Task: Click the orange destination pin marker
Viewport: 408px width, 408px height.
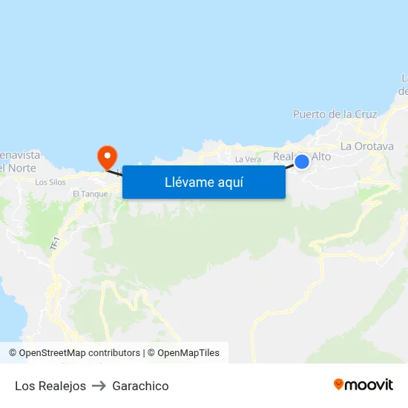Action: [108, 156]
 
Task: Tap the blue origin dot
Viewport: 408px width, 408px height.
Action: [302, 161]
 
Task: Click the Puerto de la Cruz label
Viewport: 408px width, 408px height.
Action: [335, 114]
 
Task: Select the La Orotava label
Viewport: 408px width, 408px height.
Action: [366, 146]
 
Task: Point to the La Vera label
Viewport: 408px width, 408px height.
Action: [248, 159]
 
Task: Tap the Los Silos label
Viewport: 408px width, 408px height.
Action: [50, 182]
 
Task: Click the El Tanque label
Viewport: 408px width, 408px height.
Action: [91, 194]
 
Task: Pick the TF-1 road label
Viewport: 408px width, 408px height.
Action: [54, 243]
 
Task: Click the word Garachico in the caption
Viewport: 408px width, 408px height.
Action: [140, 386]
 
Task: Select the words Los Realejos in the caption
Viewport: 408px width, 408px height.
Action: [50, 386]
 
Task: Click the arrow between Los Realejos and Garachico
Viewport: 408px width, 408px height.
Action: [99, 386]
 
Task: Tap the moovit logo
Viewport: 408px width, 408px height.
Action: [363, 385]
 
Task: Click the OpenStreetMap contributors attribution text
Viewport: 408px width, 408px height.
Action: [79, 353]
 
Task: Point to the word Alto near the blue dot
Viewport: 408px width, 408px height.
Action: [320, 157]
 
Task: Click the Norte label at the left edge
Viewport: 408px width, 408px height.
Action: [18, 168]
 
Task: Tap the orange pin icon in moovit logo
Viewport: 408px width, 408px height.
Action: [339, 384]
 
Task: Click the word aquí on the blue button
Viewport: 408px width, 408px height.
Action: [230, 182]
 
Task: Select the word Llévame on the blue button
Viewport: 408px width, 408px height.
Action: [189, 182]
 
